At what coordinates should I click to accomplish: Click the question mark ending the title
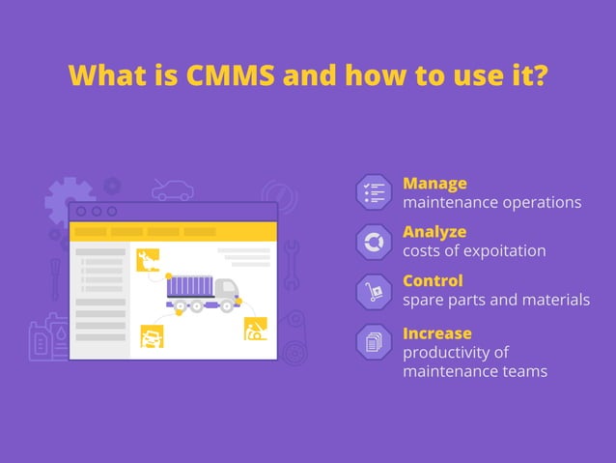coord(540,75)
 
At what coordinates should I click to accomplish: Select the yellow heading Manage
coord(434,183)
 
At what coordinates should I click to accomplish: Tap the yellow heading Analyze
coord(434,232)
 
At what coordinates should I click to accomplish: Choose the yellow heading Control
coord(433,281)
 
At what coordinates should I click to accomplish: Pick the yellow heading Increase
coord(436,333)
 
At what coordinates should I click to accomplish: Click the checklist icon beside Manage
coord(374,191)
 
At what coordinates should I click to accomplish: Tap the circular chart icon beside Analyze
coord(374,242)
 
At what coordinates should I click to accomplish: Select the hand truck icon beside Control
coord(374,291)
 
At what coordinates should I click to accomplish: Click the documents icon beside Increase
coord(374,342)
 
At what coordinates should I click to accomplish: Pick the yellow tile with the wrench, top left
coord(148,259)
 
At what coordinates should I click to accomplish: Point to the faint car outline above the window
coord(173,190)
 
